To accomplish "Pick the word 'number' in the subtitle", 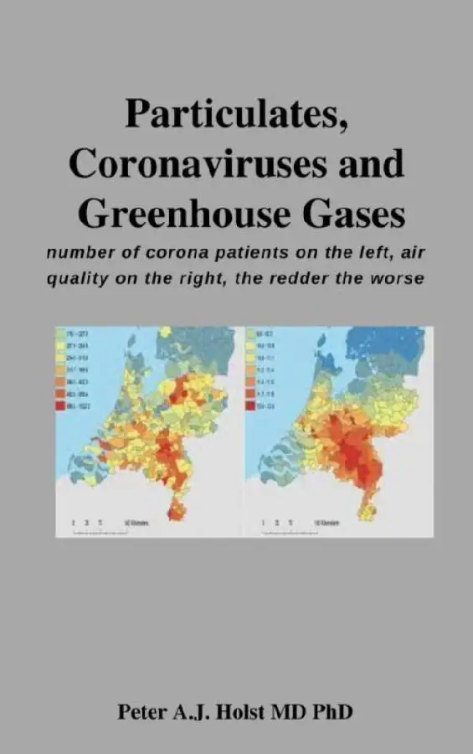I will tap(79, 251).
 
